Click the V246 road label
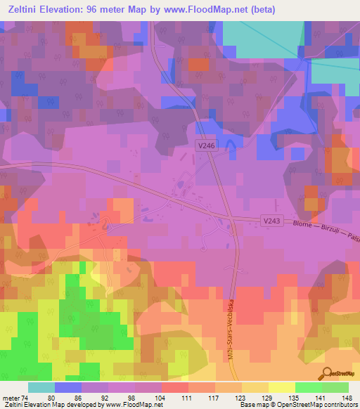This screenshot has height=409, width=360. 206,143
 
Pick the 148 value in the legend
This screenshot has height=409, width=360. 347,398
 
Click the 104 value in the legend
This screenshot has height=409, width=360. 161,398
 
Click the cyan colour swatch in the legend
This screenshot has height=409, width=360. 41,387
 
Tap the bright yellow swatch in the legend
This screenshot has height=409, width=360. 281,387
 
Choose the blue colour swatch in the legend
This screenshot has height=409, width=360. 67,387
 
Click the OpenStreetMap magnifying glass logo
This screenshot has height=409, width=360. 328,373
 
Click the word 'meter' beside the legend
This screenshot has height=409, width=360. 10,398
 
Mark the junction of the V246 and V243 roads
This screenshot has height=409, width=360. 231,219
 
